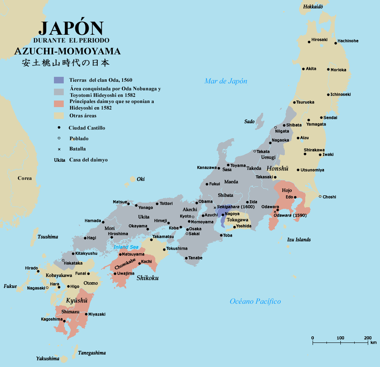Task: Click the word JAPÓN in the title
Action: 71,28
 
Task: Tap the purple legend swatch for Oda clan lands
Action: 59,80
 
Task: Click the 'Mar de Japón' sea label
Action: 226,81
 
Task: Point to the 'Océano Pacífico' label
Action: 255,301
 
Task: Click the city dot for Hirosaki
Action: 309,42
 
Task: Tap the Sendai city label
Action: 330,118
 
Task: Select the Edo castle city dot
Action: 295,197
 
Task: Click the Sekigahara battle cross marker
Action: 215,208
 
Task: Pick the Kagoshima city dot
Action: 65,321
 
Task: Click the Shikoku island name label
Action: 148,278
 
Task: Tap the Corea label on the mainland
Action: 25,178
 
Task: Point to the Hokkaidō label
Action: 313,7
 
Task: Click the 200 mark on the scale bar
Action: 368,338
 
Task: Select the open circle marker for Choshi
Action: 320,197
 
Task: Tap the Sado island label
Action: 249,121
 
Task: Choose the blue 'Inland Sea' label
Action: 126,247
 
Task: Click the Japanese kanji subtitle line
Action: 66,63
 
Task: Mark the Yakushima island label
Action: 47,358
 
